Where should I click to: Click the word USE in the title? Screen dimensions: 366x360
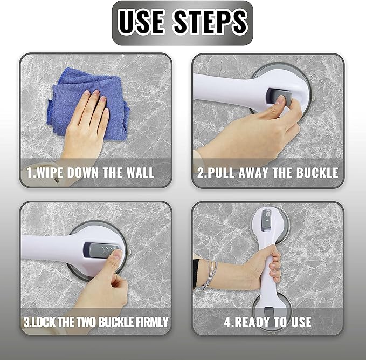tap(141, 22)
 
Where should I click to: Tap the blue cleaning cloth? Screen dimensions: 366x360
tap(89, 103)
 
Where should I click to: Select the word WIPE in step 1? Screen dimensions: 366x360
tap(50, 173)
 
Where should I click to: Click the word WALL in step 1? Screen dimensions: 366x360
tap(140, 173)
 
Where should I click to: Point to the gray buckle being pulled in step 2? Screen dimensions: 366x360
tap(279, 98)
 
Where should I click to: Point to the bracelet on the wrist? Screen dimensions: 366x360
tap(210, 274)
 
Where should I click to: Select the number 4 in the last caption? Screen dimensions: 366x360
tap(227, 322)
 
